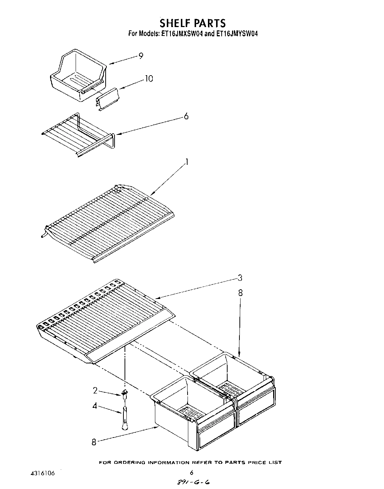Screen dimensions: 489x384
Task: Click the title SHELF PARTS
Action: [192, 23]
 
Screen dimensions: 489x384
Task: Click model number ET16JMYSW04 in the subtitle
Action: [236, 34]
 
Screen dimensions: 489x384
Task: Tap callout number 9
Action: [141, 56]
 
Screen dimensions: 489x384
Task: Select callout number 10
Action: [149, 79]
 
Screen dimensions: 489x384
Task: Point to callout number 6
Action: [186, 116]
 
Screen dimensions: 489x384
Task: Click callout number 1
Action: [187, 162]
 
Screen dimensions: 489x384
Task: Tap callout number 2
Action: [95, 390]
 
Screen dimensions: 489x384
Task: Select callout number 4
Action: [95, 406]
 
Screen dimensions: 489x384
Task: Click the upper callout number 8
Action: [240, 293]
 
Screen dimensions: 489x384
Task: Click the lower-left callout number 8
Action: [94, 442]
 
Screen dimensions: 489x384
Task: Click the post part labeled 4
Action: [125, 417]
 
